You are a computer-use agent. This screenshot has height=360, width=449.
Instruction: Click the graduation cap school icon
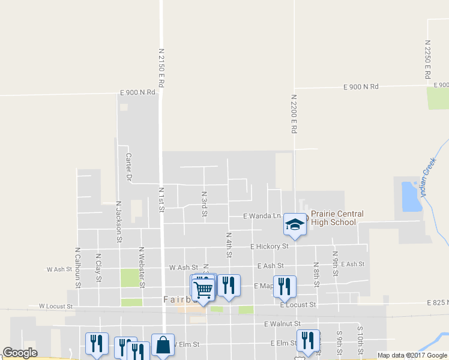tap(295, 225)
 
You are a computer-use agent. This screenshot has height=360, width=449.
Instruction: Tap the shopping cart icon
tap(203, 290)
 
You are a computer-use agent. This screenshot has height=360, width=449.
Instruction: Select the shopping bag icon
tap(163, 345)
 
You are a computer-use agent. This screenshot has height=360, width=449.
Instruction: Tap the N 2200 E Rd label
tap(294, 113)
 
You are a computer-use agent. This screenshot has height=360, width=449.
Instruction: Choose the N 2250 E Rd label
tap(427, 60)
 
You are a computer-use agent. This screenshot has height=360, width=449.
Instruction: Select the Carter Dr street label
tap(128, 167)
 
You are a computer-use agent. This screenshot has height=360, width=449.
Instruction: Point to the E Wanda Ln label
tap(262, 215)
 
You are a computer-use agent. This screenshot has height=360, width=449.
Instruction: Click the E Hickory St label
tap(270, 246)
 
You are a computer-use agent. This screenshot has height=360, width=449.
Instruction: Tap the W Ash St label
tap(184, 268)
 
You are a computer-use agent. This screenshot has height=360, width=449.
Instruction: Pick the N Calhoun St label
tap(77, 266)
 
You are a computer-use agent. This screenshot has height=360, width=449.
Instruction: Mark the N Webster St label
tap(142, 266)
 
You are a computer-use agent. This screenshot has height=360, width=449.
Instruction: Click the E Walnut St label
tap(282, 324)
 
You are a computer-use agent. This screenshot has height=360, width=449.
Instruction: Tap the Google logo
tap(20, 353)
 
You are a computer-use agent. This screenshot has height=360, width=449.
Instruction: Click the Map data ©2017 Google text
tap(412, 355)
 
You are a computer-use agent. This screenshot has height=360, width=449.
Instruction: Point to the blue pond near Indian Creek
tap(410, 197)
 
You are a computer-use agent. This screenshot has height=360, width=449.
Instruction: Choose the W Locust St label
tap(56, 306)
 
